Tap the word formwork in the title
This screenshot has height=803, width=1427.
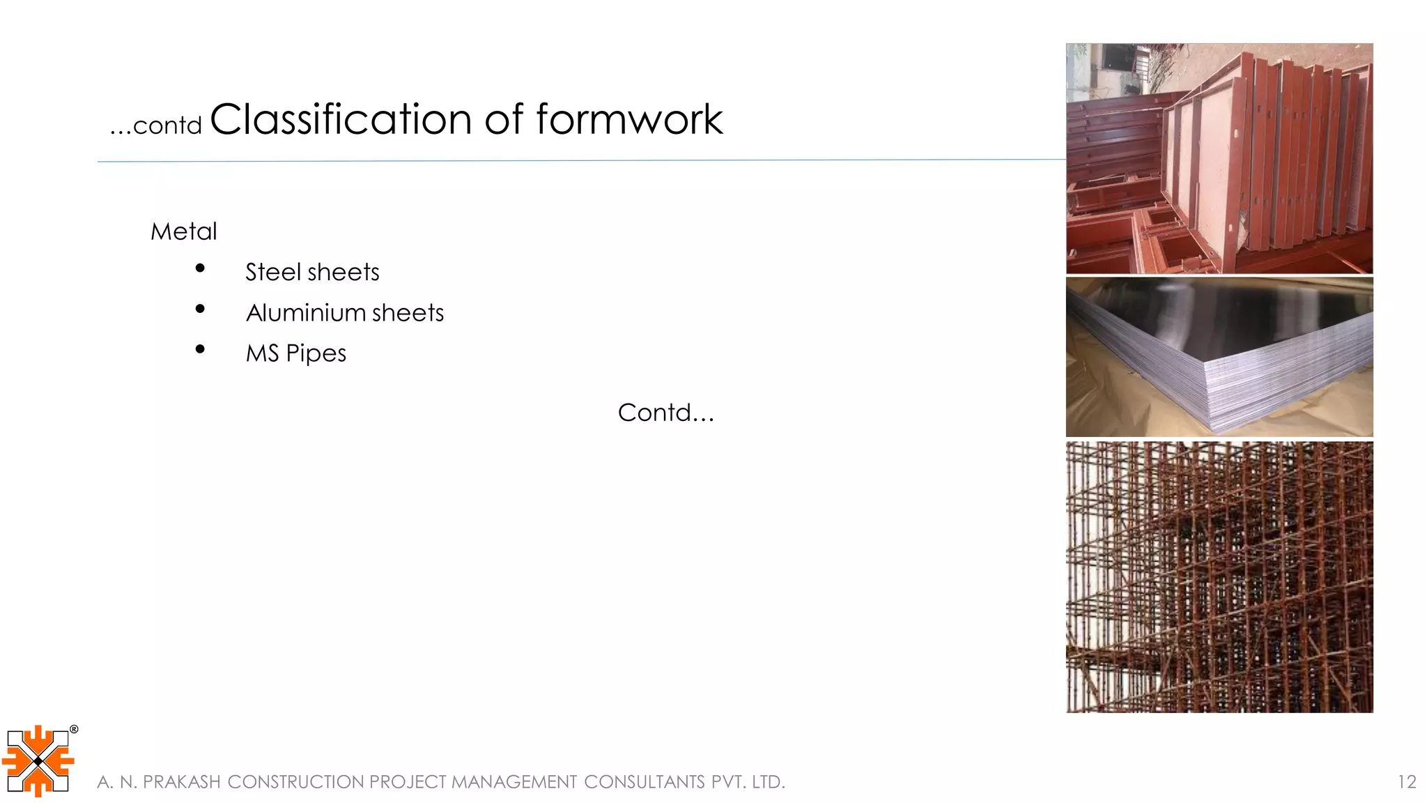pyautogui.click(x=629, y=119)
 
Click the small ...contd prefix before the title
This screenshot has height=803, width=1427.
pyautogui.click(x=156, y=125)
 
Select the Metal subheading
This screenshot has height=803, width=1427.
pyautogui.click(x=184, y=231)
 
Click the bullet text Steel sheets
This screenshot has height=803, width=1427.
pyautogui.click(x=312, y=272)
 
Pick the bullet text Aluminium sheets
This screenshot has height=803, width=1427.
pyautogui.click(x=345, y=313)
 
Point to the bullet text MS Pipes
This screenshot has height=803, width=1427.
pyautogui.click(x=296, y=353)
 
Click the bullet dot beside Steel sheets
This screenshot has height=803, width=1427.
pyautogui.click(x=201, y=268)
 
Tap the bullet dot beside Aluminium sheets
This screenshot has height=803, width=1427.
pyautogui.click(x=201, y=309)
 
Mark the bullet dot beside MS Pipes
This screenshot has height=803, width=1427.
pyautogui.click(x=201, y=349)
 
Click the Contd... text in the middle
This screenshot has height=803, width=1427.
pyautogui.click(x=666, y=413)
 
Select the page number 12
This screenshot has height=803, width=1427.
pyautogui.click(x=1407, y=782)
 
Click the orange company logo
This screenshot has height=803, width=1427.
pyautogui.click(x=38, y=761)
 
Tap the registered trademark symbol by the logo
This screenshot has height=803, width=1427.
pyautogui.click(x=74, y=730)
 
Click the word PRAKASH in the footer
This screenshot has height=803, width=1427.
pyautogui.click(x=182, y=782)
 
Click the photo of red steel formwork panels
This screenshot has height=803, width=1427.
pyautogui.click(x=1219, y=158)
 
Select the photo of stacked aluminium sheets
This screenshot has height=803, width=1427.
pyautogui.click(x=1219, y=357)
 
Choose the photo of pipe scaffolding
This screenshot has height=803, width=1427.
pyautogui.click(x=1219, y=576)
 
